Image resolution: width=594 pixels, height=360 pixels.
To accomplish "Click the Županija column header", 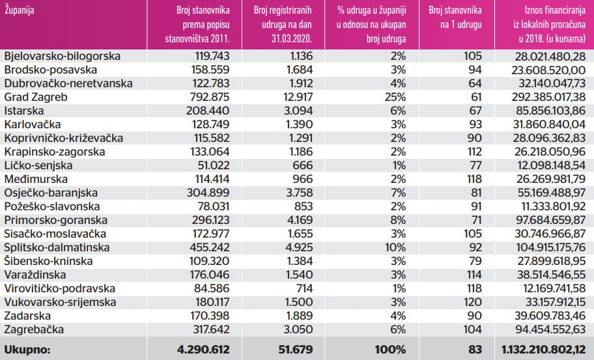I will tap(20, 11).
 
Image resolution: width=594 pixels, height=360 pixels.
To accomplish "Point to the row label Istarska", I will tap(23, 111).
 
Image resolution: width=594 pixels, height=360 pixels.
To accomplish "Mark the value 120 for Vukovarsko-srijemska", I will tap(472, 302).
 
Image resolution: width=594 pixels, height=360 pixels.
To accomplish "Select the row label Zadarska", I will tap(25, 316).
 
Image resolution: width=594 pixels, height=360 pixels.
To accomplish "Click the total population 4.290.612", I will tap(204, 349).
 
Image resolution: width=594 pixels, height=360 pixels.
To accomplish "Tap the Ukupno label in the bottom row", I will tap(28, 349).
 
